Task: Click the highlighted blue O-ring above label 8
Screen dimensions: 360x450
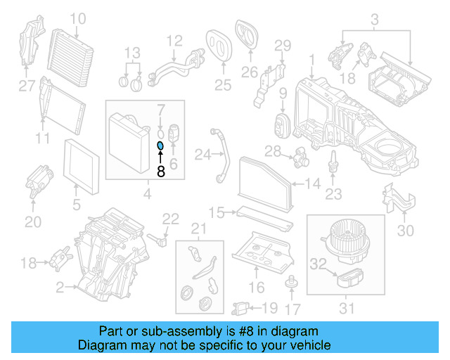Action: (x=160, y=146)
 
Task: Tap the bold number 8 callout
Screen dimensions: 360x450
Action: (x=160, y=170)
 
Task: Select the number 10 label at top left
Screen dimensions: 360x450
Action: (x=78, y=18)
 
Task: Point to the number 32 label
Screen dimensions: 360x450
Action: (x=319, y=264)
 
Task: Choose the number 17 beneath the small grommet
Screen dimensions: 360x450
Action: (x=291, y=308)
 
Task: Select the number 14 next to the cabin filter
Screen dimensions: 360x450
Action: (x=312, y=185)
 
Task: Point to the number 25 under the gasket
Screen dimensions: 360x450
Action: (x=222, y=86)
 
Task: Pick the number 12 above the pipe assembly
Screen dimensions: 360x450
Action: (x=174, y=40)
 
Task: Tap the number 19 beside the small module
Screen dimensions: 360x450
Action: (x=269, y=307)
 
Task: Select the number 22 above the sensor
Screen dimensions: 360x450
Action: (x=171, y=219)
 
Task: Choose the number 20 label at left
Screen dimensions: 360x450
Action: (x=32, y=222)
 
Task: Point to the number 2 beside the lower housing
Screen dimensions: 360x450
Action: (x=60, y=286)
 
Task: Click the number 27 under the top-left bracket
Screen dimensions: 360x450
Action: (x=26, y=86)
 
